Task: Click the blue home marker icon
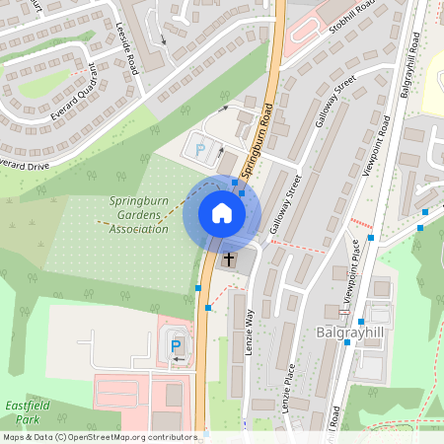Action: coord(222,213)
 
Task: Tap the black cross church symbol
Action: coord(230,259)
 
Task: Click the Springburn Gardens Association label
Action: coord(138,214)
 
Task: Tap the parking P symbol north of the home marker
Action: coord(202,150)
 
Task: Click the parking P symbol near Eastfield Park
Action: coord(177,345)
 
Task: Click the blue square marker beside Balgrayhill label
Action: coord(362,322)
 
